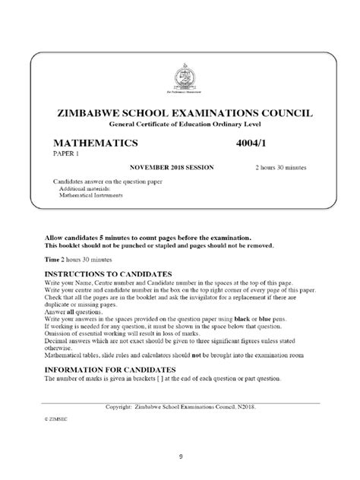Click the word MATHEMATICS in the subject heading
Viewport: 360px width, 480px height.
96,142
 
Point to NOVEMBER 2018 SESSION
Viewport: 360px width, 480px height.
171,166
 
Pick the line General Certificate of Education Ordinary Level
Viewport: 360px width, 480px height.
180,123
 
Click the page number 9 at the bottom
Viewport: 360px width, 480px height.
181,456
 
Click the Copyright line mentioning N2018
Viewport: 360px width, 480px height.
181,407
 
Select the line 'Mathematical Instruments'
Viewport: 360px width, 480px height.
90,195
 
